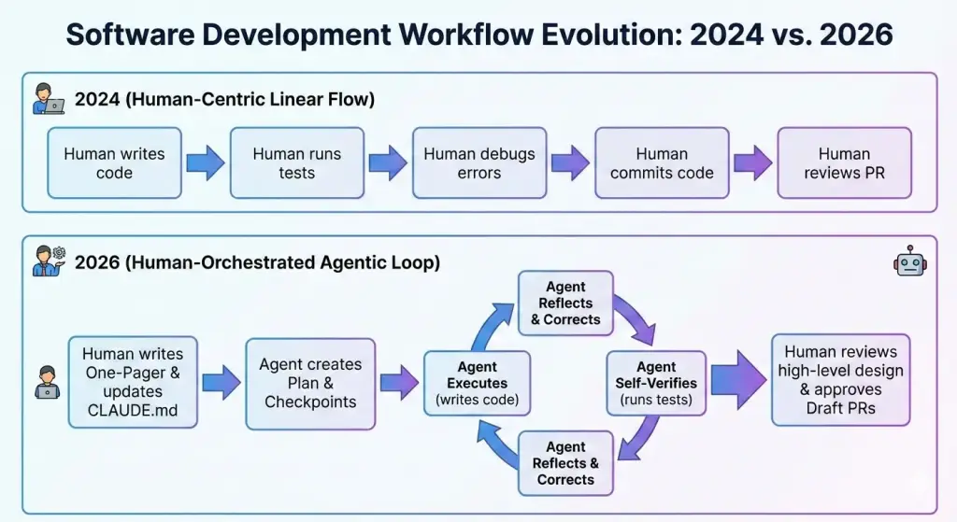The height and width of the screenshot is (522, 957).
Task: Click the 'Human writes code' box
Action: (x=114, y=163)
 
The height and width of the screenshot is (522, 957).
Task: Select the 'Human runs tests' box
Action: (x=296, y=163)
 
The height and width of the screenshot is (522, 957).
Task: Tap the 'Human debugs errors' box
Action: (x=479, y=163)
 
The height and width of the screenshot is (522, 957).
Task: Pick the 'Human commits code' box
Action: (x=662, y=163)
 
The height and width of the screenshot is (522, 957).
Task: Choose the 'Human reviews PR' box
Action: (x=844, y=163)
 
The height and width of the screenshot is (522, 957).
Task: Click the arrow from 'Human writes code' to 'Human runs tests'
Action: (x=206, y=163)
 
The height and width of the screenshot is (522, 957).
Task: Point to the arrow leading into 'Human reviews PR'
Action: (x=753, y=163)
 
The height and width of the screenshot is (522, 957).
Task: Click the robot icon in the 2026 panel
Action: (x=909, y=262)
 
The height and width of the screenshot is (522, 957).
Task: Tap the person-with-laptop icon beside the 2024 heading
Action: (x=49, y=99)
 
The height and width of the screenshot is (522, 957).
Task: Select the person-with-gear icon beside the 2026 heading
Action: (x=49, y=261)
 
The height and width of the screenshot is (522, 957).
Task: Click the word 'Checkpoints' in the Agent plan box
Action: (x=310, y=402)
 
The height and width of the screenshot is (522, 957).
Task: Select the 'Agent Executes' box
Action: (x=477, y=383)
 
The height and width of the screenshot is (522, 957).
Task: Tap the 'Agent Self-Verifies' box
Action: (x=656, y=383)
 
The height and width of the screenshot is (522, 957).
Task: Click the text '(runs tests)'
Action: (x=656, y=401)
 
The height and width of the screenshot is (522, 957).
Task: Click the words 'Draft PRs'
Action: (x=841, y=407)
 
